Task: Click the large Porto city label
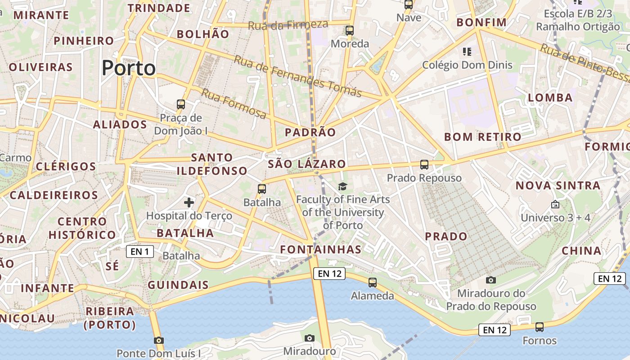click(x=129, y=68)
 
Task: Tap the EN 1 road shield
click(x=139, y=252)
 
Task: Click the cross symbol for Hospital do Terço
click(x=189, y=202)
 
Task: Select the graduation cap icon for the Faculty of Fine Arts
click(x=343, y=186)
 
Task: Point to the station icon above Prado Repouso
click(x=424, y=165)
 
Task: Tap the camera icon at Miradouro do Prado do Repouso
click(x=491, y=280)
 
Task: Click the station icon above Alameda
click(x=373, y=283)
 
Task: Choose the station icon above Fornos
click(x=540, y=327)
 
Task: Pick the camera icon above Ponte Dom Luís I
click(x=158, y=340)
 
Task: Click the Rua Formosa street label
click(x=234, y=103)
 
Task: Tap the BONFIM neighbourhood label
click(x=481, y=22)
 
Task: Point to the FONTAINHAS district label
click(x=320, y=249)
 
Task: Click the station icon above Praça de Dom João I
click(x=181, y=104)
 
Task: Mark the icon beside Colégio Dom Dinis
click(x=467, y=52)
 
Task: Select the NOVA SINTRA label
click(x=558, y=185)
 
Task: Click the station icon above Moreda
click(x=350, y=31)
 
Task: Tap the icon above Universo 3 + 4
click(x=555, y=204)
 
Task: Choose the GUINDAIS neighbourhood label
click(x=178, y=285)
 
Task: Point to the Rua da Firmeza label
click(x=288, y=25)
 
